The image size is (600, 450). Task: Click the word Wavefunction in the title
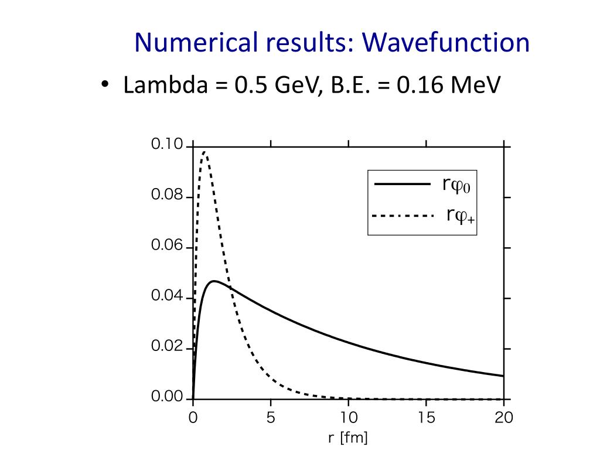click(446, 43)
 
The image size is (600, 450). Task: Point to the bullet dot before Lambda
click(104, 86)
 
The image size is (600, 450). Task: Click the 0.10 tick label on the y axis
click(167, 144)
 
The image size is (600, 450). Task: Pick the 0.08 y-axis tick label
click(167, 195)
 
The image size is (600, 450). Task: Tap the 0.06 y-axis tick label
click(167, 246)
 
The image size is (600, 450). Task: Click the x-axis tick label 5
click(270, 418)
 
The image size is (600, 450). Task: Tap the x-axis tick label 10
click(348, 418)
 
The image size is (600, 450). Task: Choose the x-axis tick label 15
click(426, 418)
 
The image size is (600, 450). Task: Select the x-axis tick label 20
click(504, 418)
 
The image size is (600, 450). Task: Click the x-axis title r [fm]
click(348, 438)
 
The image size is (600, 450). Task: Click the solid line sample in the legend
click(403, 185)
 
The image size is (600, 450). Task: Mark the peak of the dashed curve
click(204, 152)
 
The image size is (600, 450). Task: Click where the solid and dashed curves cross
click(230, 287)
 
